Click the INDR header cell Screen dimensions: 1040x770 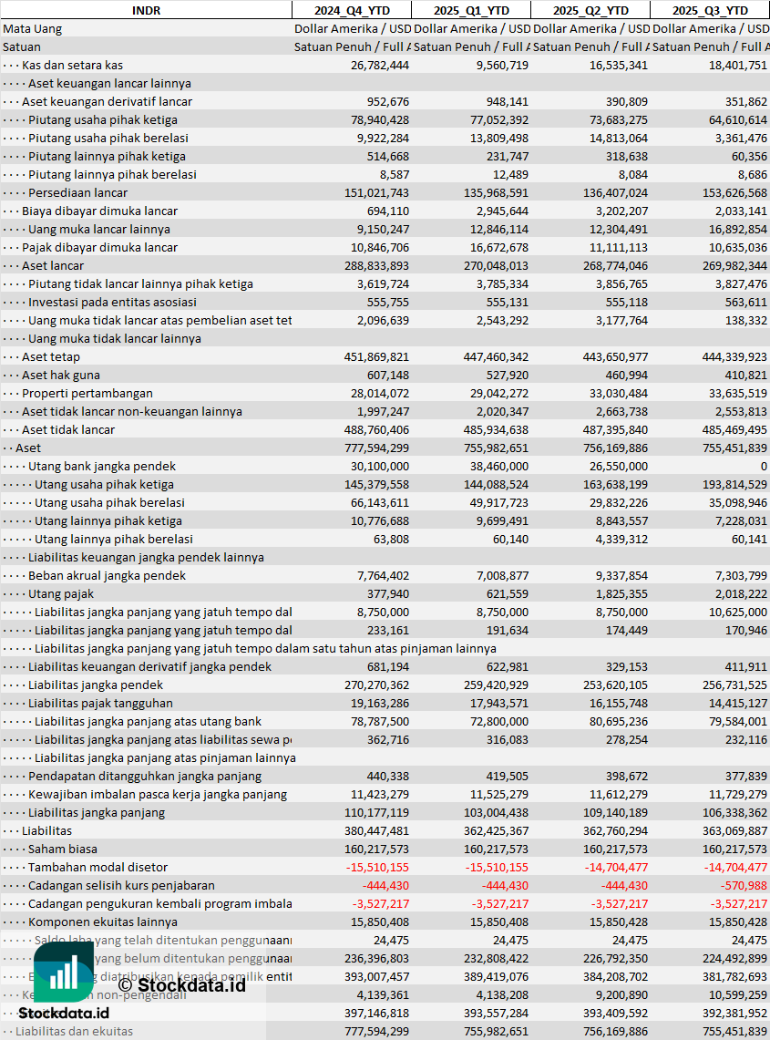pos(146,10)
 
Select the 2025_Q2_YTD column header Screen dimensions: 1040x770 pos(590,10)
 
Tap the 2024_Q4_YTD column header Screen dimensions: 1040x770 pos(351,10)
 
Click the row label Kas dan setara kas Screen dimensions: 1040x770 pos(72,65)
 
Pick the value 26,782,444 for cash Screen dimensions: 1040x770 pos(379,65)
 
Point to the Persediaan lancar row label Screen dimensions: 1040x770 pos(77,192)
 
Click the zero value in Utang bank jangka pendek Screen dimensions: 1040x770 pos(763,466)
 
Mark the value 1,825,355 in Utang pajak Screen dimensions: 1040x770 pos(618,593)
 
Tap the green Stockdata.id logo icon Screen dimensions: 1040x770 pos(64,973)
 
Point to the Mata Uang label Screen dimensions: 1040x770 pos(32,28)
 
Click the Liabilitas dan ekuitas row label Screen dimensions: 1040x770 pos(74,1031)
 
